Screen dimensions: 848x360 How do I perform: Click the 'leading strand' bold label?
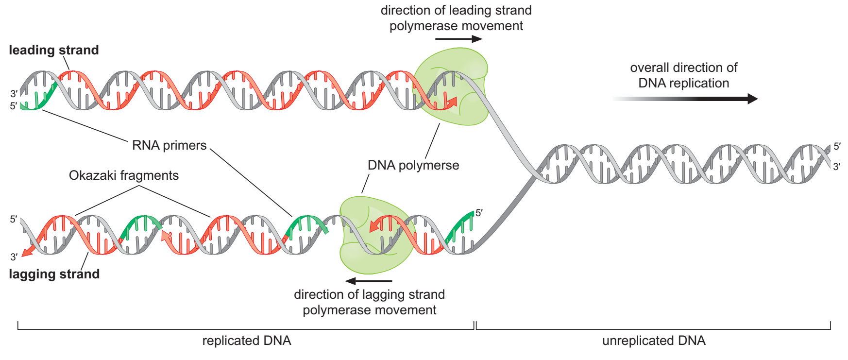coord(54,50)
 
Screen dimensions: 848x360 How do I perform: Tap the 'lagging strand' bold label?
coord(54,274)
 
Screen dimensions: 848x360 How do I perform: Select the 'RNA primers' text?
coord(170,145)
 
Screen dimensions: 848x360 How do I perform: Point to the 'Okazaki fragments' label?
coord(124,175)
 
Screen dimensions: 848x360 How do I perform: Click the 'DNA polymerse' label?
coord(413,165)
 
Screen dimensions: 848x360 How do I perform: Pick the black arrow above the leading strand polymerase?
coord(459,39)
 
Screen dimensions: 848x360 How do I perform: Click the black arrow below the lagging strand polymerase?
coord(369,281)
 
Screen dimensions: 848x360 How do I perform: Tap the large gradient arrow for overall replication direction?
coord(685,99)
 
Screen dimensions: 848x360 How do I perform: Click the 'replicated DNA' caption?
coord(247,341)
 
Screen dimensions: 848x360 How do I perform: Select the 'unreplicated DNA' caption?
coord(654,341)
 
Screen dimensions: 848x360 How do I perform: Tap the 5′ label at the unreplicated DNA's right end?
coord(837,146)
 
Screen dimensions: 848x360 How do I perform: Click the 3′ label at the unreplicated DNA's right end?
coord(837,166)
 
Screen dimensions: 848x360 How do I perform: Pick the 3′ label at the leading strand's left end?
coord(14,94)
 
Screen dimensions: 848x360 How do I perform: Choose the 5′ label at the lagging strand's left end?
coord(14,219)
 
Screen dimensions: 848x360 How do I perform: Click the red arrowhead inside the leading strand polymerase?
coord(452,102)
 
